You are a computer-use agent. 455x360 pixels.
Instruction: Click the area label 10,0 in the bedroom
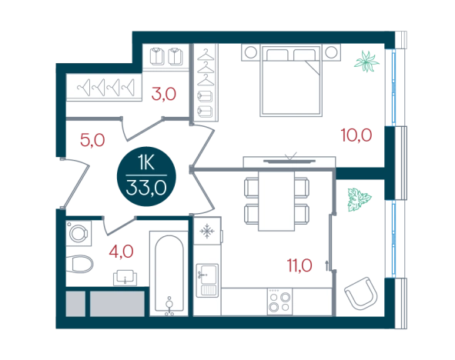click(x=356, y=135)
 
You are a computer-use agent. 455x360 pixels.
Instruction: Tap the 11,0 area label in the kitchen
click(x=299, y=265)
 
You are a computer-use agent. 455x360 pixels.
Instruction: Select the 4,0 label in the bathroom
click(x=122, y=252)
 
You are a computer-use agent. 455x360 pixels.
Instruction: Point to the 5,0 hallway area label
click(x=92, y=140)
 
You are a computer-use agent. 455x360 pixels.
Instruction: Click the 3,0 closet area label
click(x=164, y=94)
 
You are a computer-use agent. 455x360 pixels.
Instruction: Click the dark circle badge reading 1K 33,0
click(x=146, y=176)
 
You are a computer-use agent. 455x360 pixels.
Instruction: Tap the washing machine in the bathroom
click(x=79, y=233)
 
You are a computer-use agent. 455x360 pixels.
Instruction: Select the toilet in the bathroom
click(x=79, y=264)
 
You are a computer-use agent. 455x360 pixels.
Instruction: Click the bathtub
click(x=169, y=273)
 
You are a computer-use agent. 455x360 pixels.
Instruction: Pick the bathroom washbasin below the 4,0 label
click(x=125, y=278)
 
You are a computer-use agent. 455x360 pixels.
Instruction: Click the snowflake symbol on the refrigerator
click(x=207, y=231)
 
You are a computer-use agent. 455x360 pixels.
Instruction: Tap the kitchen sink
click(x=207, y=280)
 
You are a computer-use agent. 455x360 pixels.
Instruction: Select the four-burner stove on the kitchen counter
click(x=279, y=302)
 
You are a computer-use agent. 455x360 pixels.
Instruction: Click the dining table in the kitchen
click(x=276, y=201)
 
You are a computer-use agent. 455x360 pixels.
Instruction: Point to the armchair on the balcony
click(x=361, y=293)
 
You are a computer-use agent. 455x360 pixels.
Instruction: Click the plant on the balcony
click(x=360, y=199)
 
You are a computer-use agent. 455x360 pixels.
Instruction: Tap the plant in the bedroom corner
click(x=366, y=62)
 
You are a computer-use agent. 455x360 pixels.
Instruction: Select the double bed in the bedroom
click(x=291, y=80)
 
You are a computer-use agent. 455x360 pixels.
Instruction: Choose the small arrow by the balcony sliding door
click(x=327, y=265)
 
